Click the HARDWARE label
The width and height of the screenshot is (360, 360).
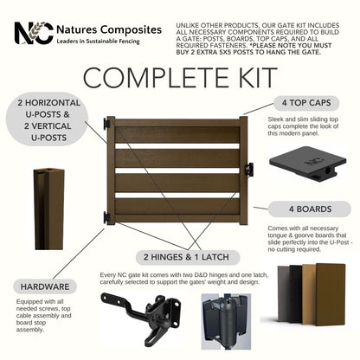45,285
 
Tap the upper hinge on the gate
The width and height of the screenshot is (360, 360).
107,125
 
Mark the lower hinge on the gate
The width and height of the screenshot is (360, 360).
107,216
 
